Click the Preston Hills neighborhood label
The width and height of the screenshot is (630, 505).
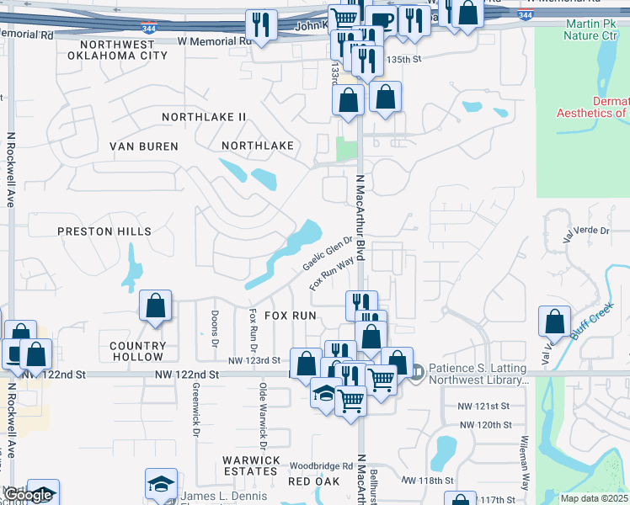click(x=104, y=231)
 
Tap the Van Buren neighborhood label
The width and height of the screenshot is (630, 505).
click(x=144, y=146)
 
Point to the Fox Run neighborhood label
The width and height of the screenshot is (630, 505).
click(x=291, y=315)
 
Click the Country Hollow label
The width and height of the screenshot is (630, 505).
click(x=138, y=352)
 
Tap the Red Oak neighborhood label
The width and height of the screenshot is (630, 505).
click(x=313, y=481)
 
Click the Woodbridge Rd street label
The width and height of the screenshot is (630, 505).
click(x=321, y=465)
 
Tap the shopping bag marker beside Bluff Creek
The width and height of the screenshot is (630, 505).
click(x=554, y=322)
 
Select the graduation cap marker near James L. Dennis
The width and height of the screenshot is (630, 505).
click(x=161, y=483)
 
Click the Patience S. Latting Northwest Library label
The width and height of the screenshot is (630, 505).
click(x=478, y=374)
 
